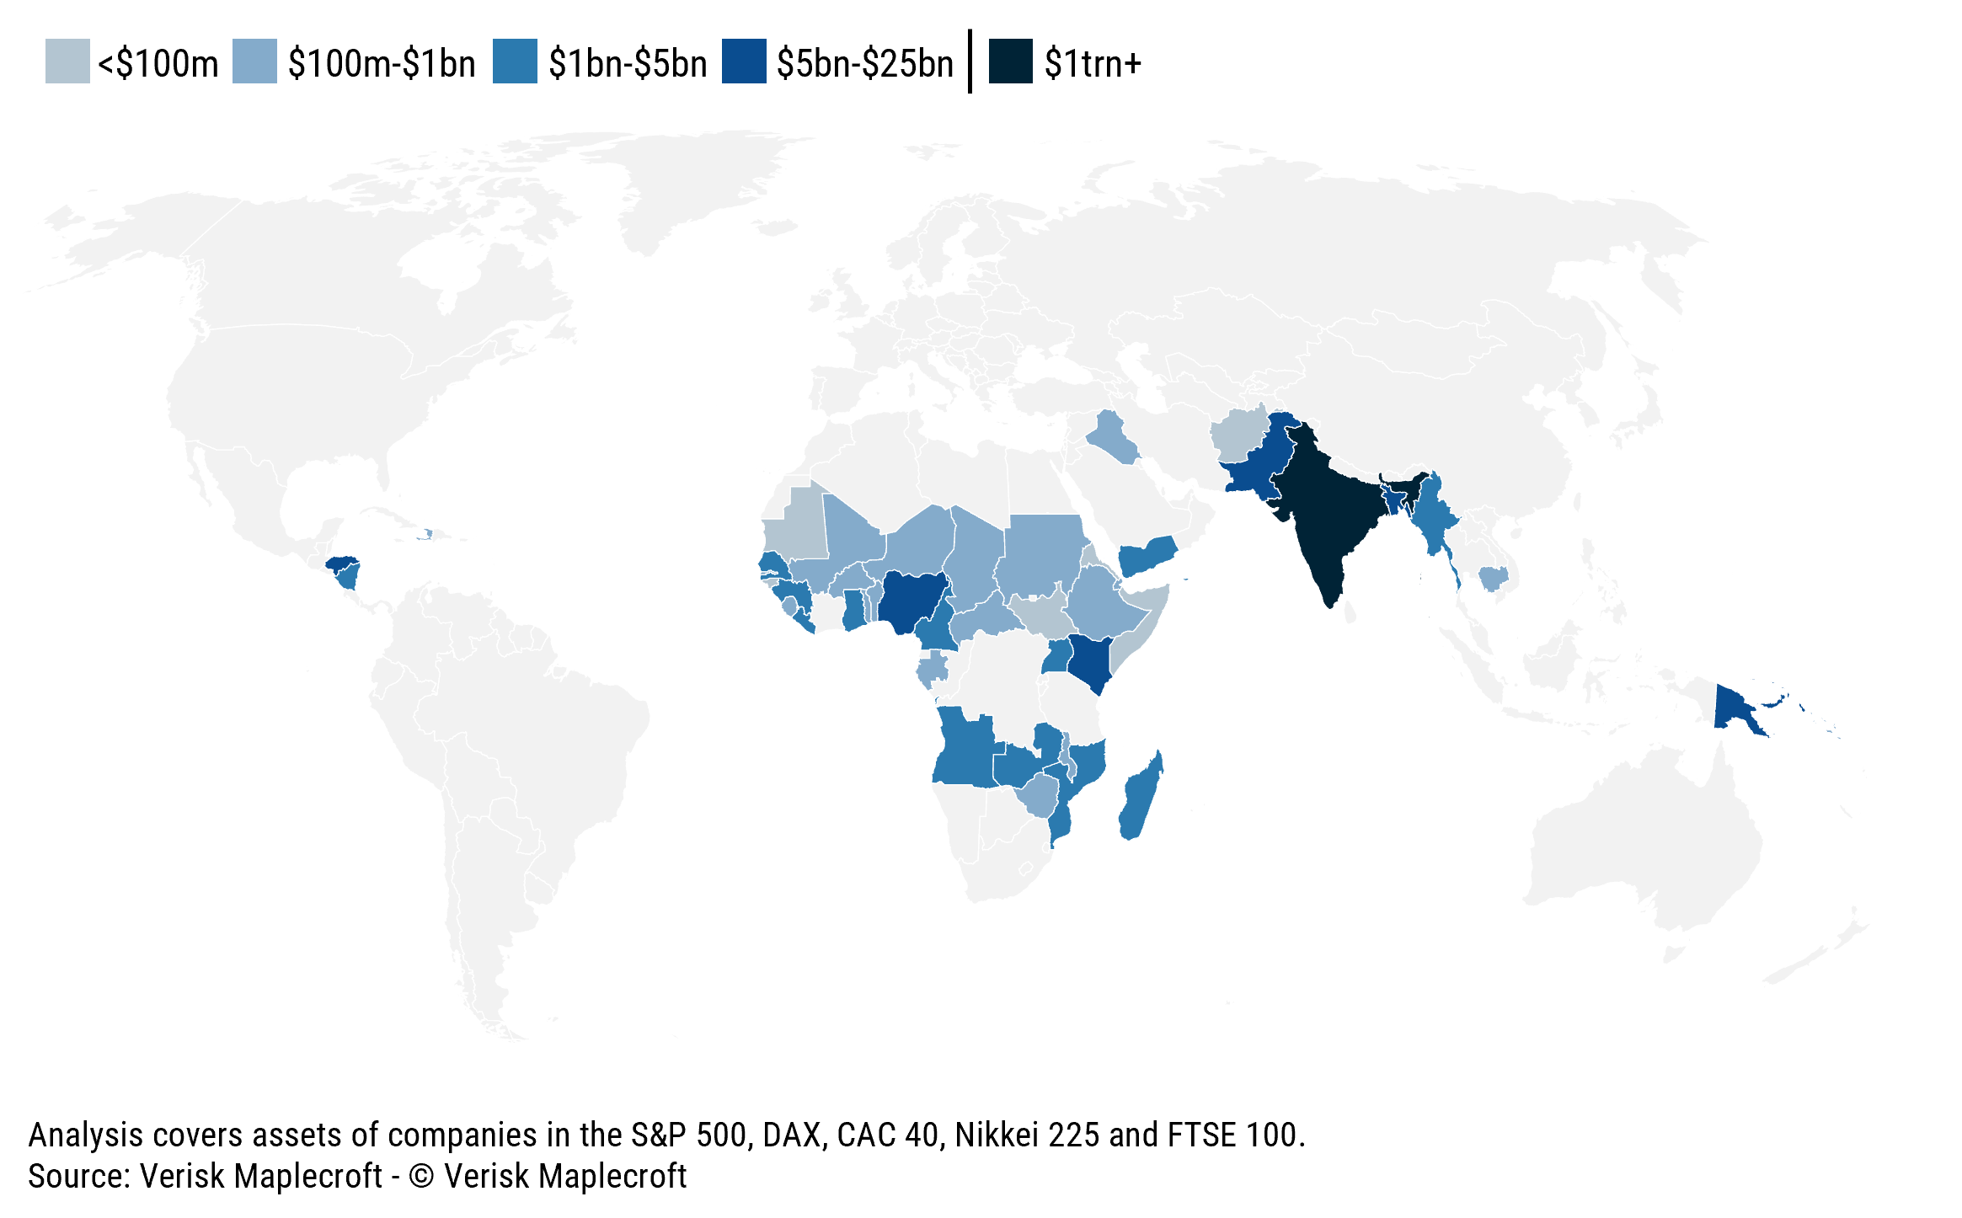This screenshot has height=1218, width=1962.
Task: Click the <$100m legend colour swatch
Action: pyautogui.click(x=67, y=61)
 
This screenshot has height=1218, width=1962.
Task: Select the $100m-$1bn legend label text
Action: pyautogui.click(x=382, y=64)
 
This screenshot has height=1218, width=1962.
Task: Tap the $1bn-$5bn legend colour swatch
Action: pyautogui.click(x=515, y=61)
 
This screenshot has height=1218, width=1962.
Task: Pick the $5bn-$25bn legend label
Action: pyautogui.click(x=864, y=64)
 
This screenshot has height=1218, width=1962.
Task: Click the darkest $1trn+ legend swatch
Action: pyautogui.click(x=1010, y=61)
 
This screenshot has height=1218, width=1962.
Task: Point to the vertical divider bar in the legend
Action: pyautogui.click(x=970, y=61)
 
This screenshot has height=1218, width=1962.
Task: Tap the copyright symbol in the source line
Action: pyautogui.click(x=420, y=1177)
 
